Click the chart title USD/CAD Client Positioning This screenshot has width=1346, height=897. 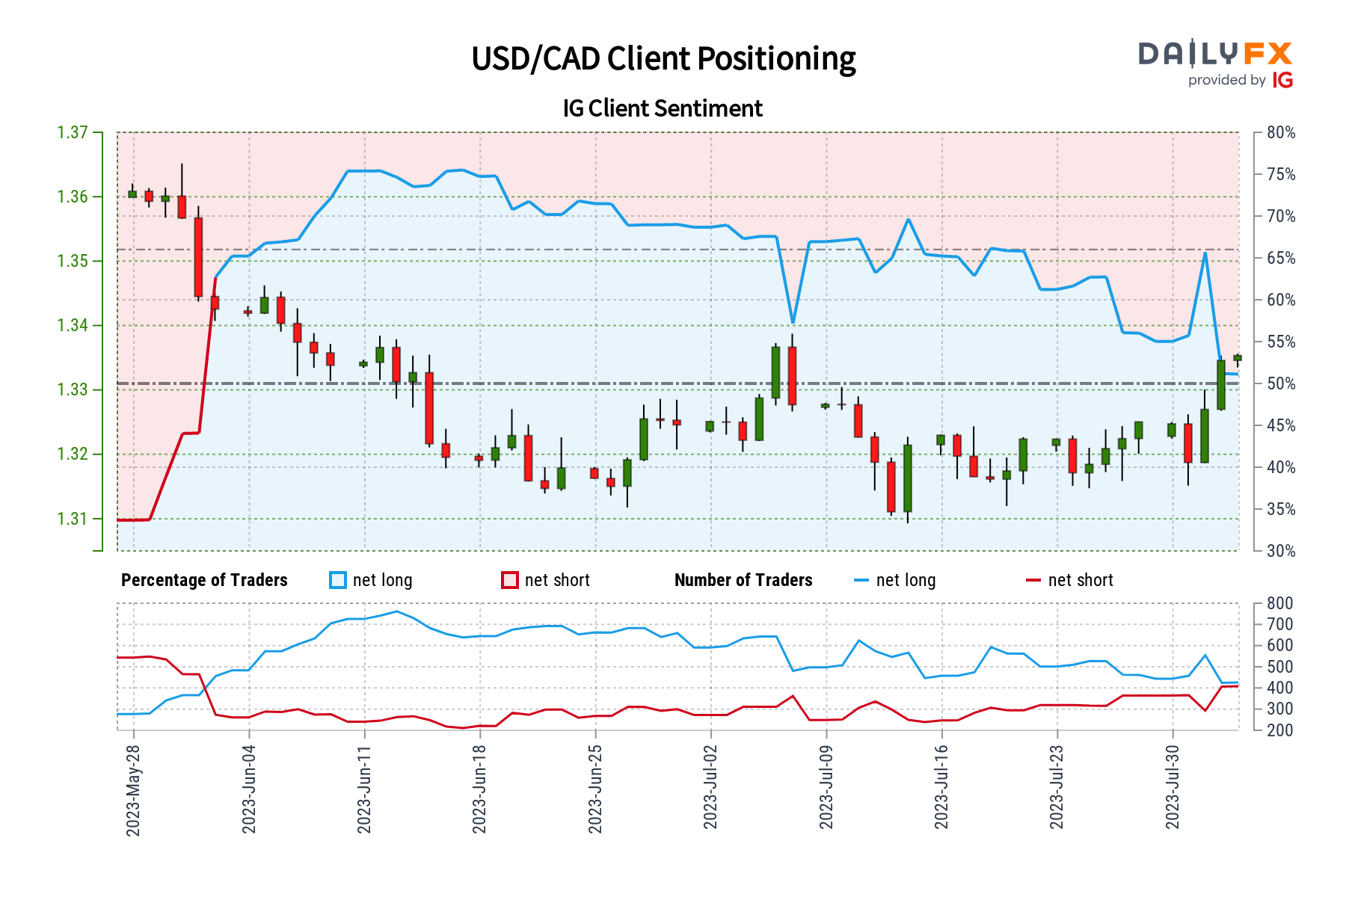[x=663, y=59]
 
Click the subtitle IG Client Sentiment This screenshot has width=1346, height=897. [x=663, y=108]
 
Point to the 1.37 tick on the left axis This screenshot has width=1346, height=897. [x=73, y=133]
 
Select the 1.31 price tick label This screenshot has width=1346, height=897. [x=73, y=519]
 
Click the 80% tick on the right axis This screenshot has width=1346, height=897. [x=1281, y=133]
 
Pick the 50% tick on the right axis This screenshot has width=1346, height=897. [x=1281, y=384]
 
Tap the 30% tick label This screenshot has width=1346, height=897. [x=1281, y=552]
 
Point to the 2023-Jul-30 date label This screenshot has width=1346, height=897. [x=1173, y=787]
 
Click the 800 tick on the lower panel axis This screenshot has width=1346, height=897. [x=1279, y=603]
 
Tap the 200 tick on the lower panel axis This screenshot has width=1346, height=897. [x=1279, y=730]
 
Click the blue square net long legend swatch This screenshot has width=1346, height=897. [x=338, y=580]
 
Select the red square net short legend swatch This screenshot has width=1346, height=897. [x=510, y=580]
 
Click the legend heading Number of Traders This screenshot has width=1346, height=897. [x=743, y=580]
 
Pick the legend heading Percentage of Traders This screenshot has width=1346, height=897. [x=204, y=580]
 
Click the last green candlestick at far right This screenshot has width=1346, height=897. [x=1238, y=358]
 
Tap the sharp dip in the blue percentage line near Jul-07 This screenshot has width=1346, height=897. [x=793, y=323]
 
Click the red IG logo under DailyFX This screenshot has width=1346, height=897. [x=1282, y=80]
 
